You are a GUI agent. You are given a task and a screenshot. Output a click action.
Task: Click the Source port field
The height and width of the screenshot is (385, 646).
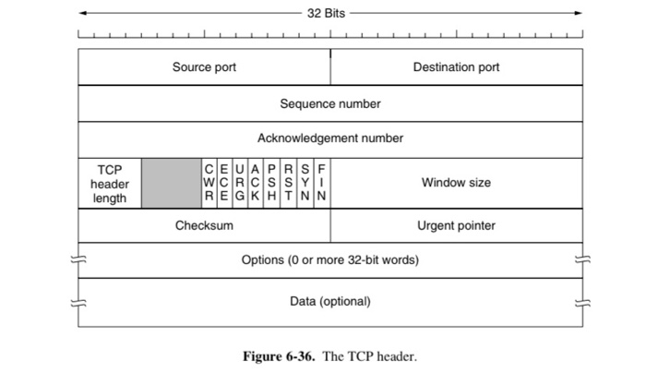point(204,67)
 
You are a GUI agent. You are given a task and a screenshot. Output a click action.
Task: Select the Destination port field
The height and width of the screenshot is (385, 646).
point(457,67)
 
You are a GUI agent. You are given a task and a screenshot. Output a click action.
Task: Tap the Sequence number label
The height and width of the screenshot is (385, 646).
point(330,103)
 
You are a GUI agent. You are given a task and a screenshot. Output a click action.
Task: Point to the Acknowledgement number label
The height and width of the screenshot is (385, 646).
point(330,138)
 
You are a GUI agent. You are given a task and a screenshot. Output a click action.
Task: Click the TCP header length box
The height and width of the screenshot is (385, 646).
point(110,183)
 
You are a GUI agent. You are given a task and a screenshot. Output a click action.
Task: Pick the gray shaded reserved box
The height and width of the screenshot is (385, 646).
point(172,183)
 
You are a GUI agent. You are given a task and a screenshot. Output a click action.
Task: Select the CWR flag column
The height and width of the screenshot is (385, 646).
point(209,183)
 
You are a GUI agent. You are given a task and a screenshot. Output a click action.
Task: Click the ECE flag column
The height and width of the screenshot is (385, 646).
point(225,183)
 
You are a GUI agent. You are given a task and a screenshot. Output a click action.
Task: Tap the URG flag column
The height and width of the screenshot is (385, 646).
point(241,183)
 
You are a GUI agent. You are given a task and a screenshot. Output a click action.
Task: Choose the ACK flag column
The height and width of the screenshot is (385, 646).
point(257,183)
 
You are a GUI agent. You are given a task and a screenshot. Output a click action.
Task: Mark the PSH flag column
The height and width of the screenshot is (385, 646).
point(272,183)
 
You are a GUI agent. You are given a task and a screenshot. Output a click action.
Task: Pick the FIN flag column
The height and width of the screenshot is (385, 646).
point(321,183)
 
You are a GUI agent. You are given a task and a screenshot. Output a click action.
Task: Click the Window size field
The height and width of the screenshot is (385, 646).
point(457,183)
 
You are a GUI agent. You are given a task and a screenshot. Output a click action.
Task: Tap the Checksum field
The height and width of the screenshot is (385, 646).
point(204,225)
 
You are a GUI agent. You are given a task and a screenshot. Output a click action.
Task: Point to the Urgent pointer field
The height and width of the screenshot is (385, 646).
point(457,225)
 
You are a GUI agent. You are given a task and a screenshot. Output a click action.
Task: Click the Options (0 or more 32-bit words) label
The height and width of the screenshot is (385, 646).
point(330,260)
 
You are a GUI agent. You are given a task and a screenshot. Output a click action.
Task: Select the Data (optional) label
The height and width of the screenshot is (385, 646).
point(330,302)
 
